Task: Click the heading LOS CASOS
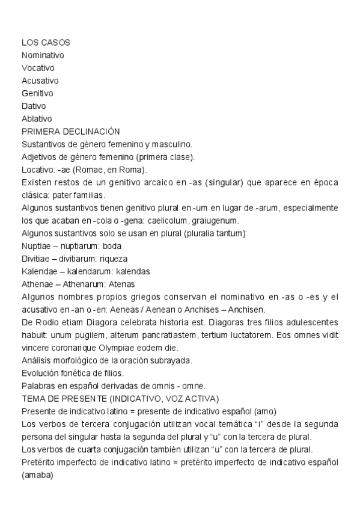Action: point(46,43)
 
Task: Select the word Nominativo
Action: point(43,55)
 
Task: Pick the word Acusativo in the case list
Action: point(40,81)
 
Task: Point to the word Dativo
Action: point(34,106)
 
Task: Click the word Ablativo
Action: point(37,118)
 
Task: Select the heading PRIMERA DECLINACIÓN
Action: point(70,131)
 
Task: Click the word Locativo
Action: point(37,170)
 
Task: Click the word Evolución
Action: point(40,373)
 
